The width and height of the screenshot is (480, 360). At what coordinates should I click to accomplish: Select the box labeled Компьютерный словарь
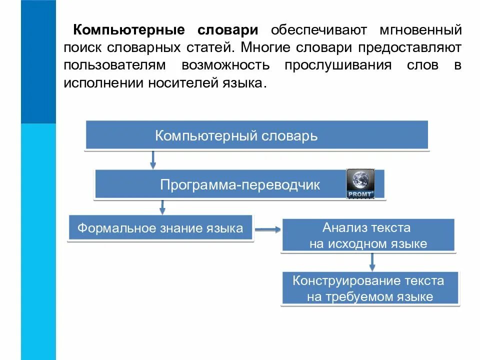(256, 135)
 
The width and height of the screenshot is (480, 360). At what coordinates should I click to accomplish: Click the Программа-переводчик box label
(240, 184)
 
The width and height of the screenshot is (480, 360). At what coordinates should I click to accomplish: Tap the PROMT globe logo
(360, 183)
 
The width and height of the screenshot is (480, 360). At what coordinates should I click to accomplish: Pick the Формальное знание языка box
(160, 228)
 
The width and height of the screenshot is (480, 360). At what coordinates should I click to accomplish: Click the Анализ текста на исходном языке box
(368, 235)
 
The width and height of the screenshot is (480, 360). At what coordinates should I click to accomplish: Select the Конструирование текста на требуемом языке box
(369, 288)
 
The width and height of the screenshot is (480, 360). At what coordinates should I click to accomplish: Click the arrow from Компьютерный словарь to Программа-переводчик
(153, 159)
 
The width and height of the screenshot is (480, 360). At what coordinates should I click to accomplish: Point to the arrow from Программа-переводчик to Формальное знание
(162, 206)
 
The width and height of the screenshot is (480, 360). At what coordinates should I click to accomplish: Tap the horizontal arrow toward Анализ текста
(268, 230)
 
